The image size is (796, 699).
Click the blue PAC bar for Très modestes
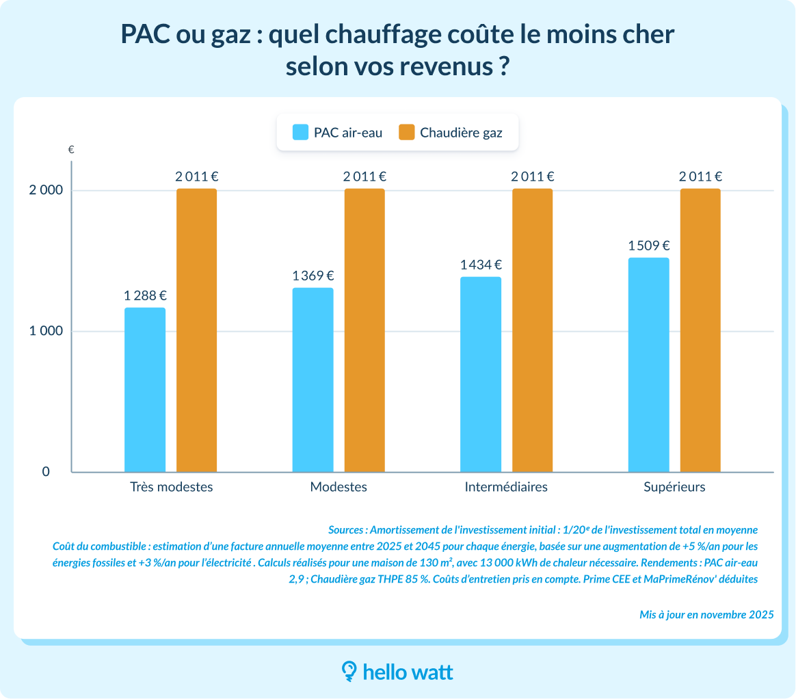pos(145,390)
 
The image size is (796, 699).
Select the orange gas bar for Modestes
pos(364,330)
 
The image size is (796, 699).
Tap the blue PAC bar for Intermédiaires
pos(481,374)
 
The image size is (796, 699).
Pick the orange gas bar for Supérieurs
pos(700,330)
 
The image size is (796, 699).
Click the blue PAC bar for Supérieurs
pos(648,365)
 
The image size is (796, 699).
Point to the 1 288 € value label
pos(145,296)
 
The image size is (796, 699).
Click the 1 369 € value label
pos(313,276)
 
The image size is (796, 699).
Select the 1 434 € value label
pos(481,265)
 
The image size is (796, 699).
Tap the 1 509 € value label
pos(648,246)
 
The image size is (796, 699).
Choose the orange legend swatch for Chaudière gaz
pos(407,132)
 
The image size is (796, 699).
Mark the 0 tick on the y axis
pos(47,472)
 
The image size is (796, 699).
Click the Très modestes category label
pos(171,487)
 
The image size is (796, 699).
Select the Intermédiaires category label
pos(506,487)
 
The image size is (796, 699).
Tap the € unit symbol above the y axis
pos(71,149)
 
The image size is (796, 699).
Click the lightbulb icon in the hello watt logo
pos(349,672)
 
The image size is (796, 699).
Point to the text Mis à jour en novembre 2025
pos(706,614)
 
